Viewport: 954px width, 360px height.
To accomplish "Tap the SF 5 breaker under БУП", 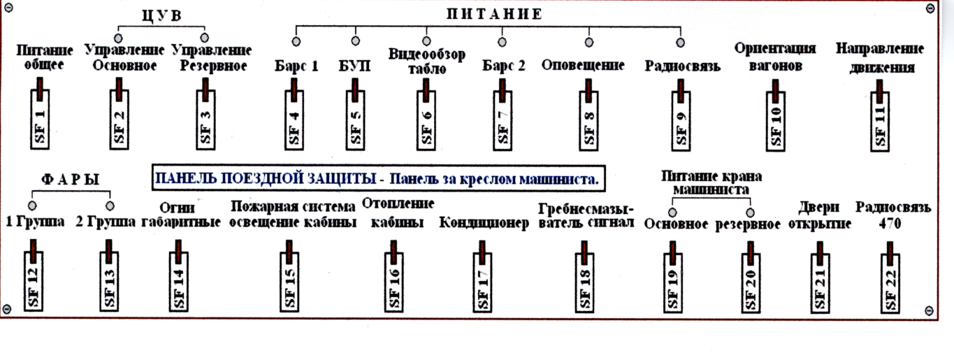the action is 355,115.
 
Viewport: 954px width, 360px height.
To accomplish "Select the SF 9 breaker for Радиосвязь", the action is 681,116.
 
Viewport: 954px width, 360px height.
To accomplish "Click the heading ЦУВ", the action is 162,15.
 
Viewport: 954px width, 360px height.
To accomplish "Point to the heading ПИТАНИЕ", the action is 494,14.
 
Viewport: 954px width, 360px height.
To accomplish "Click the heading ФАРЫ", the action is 71,180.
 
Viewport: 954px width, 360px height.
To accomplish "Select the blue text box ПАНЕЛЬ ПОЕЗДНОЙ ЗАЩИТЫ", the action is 379,178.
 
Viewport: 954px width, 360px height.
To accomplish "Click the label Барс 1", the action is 296,66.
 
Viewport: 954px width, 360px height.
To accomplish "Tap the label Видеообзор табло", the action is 427,62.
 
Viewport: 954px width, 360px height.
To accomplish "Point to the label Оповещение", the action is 583,65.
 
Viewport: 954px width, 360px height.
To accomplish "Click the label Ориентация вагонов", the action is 775,57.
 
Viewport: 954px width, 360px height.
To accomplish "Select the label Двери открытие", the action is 819,215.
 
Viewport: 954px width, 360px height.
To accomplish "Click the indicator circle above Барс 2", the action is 502,42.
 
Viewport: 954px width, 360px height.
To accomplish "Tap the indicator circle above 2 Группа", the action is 110,206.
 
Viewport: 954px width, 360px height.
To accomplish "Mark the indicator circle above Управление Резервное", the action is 204,38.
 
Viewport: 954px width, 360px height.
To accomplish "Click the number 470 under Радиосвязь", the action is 890,223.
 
